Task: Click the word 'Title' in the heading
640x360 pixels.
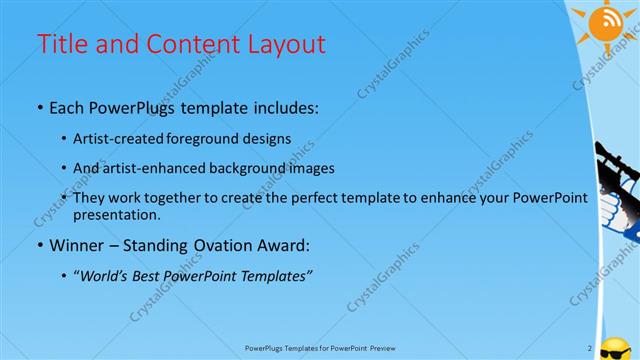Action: click(x=60, y=44)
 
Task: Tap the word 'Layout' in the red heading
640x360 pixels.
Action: click(x=286, y=44)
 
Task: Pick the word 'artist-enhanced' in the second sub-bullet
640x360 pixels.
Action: click(x=161, y=168)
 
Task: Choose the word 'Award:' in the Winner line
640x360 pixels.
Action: click(x=278, y=244)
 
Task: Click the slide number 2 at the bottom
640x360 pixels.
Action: click(x=590, y=348)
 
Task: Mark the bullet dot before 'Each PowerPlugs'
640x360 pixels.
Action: click(x=39, y=105)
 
